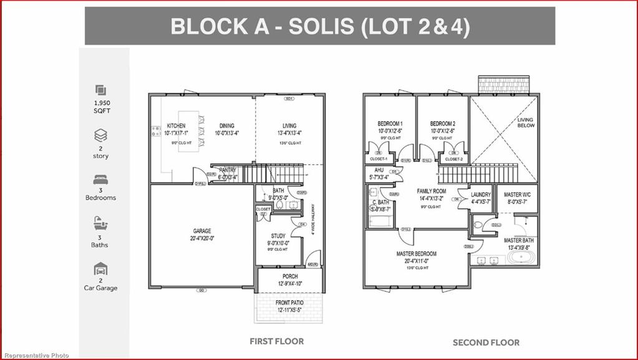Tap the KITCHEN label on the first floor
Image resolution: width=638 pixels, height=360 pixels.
pyautogui.click(x=176, y=126)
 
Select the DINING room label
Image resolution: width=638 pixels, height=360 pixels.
pyautogui.click(x=226, y=126)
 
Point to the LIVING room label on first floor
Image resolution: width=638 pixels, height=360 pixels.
pyautogui.click(x=289, y=126)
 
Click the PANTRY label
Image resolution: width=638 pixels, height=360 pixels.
pyautogui.click(x=228, y=170)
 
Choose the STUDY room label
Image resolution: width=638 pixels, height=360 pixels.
pyautogui.click(x=278, y=236)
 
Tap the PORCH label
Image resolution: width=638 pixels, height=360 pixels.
pyautogui.click(x=290, y=276)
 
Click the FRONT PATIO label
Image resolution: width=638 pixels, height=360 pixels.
pyautogui.click(x=290, y=303)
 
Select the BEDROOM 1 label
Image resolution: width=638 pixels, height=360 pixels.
pyautogui.click(x=390, y=124)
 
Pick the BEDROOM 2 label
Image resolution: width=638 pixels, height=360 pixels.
pyautogui.click(x=442, y=124)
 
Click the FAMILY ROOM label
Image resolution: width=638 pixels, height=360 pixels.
pyautogui.click(x=432, y=191)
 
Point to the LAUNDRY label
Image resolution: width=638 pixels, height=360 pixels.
pyautogui.click(x=481, y=195)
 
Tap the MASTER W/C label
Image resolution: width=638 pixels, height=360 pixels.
pyautogui.click(x=517, y=195)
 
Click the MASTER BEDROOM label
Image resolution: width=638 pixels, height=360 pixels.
pyautogui.click(x=416, y=254)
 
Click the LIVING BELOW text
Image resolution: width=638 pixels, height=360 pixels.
pyautogui.click(x=526, y=122)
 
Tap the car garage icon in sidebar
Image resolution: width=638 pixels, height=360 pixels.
pyautogui.click(x=100, y=270)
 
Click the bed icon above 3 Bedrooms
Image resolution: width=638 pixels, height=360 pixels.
pyautogui.click(x=100, y=180)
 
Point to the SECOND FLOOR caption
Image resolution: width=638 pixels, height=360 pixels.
pyautogui.click(x=486, y=342)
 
